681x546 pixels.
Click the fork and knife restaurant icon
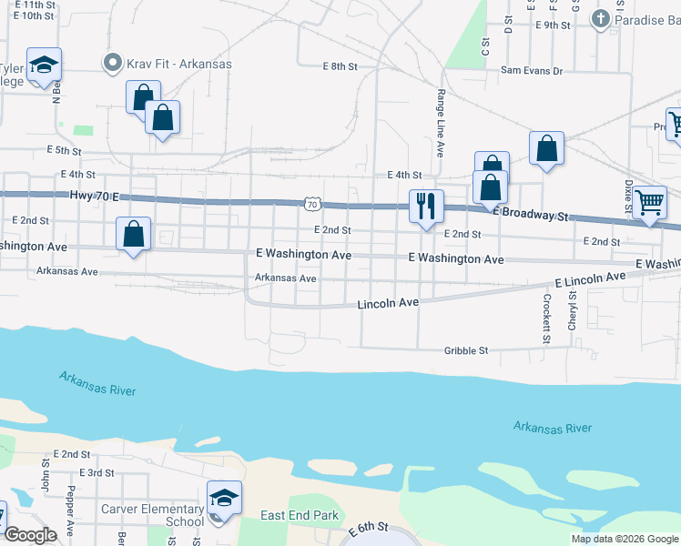click(425, 207)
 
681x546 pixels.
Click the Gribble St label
click(466, 350)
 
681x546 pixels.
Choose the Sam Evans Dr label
click(532, 70)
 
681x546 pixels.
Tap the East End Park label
click(300, 515)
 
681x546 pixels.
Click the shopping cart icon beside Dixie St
click(649, 203)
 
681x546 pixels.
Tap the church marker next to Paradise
click(600, 18)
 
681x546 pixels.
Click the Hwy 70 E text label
click(95, 196)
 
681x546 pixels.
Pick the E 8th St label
click(340, 66)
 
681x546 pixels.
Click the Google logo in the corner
click(31, 535)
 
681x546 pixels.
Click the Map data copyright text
click(624, 539)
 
